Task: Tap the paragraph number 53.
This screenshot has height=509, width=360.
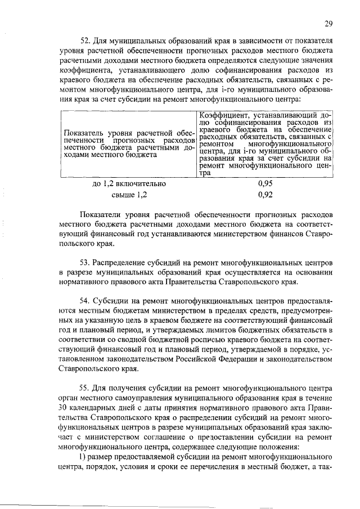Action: pyautogui.click(x=86, y=263)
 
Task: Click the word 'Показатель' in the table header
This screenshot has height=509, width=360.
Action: pyautogui.click(x=84, y=131)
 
